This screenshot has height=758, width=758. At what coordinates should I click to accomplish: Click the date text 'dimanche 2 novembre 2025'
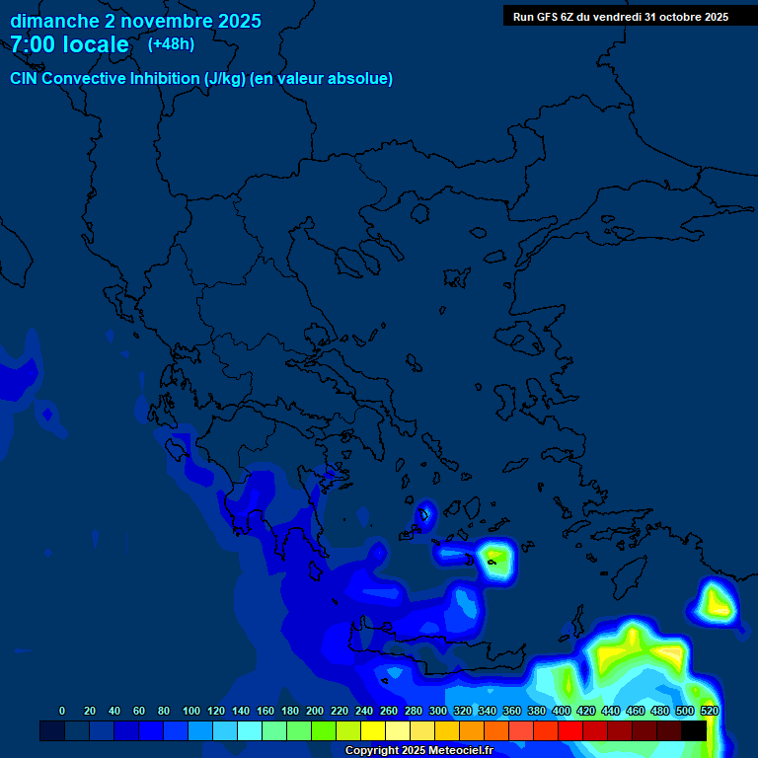(x=135, y=21)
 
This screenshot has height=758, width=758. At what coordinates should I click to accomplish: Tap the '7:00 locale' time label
(x=70, y=44)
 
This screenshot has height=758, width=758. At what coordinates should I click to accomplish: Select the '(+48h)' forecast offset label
(x=171, y=44)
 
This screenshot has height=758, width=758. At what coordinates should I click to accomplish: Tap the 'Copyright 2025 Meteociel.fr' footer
(x=418, y=751)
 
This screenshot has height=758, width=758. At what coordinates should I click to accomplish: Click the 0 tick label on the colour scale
(x=62, y=711)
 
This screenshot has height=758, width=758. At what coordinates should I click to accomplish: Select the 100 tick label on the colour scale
(x=191, y=711)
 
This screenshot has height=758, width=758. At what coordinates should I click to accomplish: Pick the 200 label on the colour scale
(x=315, y=711)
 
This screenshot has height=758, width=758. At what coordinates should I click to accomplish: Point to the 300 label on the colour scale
(x=437, y=711)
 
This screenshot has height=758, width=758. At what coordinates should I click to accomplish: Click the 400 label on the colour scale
(x=561, y=711)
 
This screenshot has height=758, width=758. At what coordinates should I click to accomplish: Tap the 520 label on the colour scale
(x=709, y=711)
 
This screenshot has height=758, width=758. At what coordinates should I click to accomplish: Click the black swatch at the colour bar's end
(x=694, y=730)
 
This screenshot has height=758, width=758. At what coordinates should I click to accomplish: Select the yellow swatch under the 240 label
(x=373, y=730)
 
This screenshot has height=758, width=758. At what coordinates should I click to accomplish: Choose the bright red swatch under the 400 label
(x=570, y=730)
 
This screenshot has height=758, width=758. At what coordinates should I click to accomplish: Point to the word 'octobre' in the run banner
(x=670, y=17)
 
